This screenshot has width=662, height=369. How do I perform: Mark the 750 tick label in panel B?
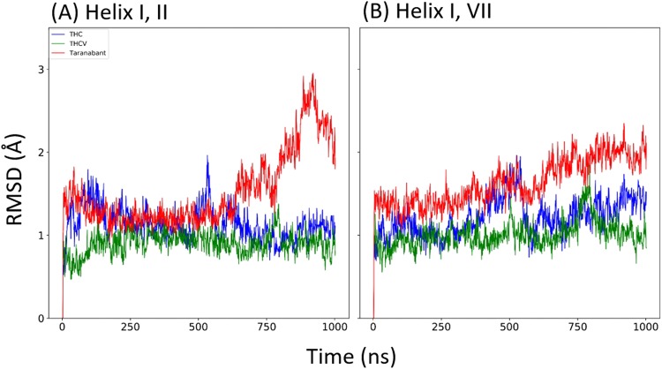578,328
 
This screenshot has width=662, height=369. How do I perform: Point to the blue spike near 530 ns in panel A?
207,157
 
